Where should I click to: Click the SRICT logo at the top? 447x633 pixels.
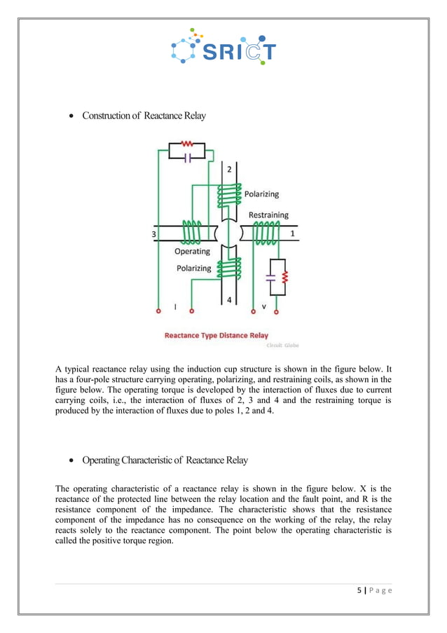tap(224, 47)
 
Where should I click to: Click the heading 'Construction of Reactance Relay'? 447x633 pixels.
tap(144, 116)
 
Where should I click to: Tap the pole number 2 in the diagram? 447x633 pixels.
tap(229, 170)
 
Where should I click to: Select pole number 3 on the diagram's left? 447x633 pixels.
tap(153, 234)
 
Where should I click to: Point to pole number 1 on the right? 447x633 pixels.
tap(293, 233)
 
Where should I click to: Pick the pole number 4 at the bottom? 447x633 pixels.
tap(229, 300)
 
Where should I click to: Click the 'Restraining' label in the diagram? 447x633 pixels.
tap(268, 215)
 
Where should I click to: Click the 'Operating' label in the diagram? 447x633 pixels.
tap(192, 251)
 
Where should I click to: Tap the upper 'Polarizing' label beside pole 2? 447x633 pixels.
tap(261, 193)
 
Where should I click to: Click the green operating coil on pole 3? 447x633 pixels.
tap(191, 231)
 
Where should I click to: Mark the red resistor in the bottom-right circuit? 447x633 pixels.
tap(284, 277)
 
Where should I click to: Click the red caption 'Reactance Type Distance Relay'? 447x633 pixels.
tap(216, 336)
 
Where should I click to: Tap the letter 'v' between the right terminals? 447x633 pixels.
tap(264, 306)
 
